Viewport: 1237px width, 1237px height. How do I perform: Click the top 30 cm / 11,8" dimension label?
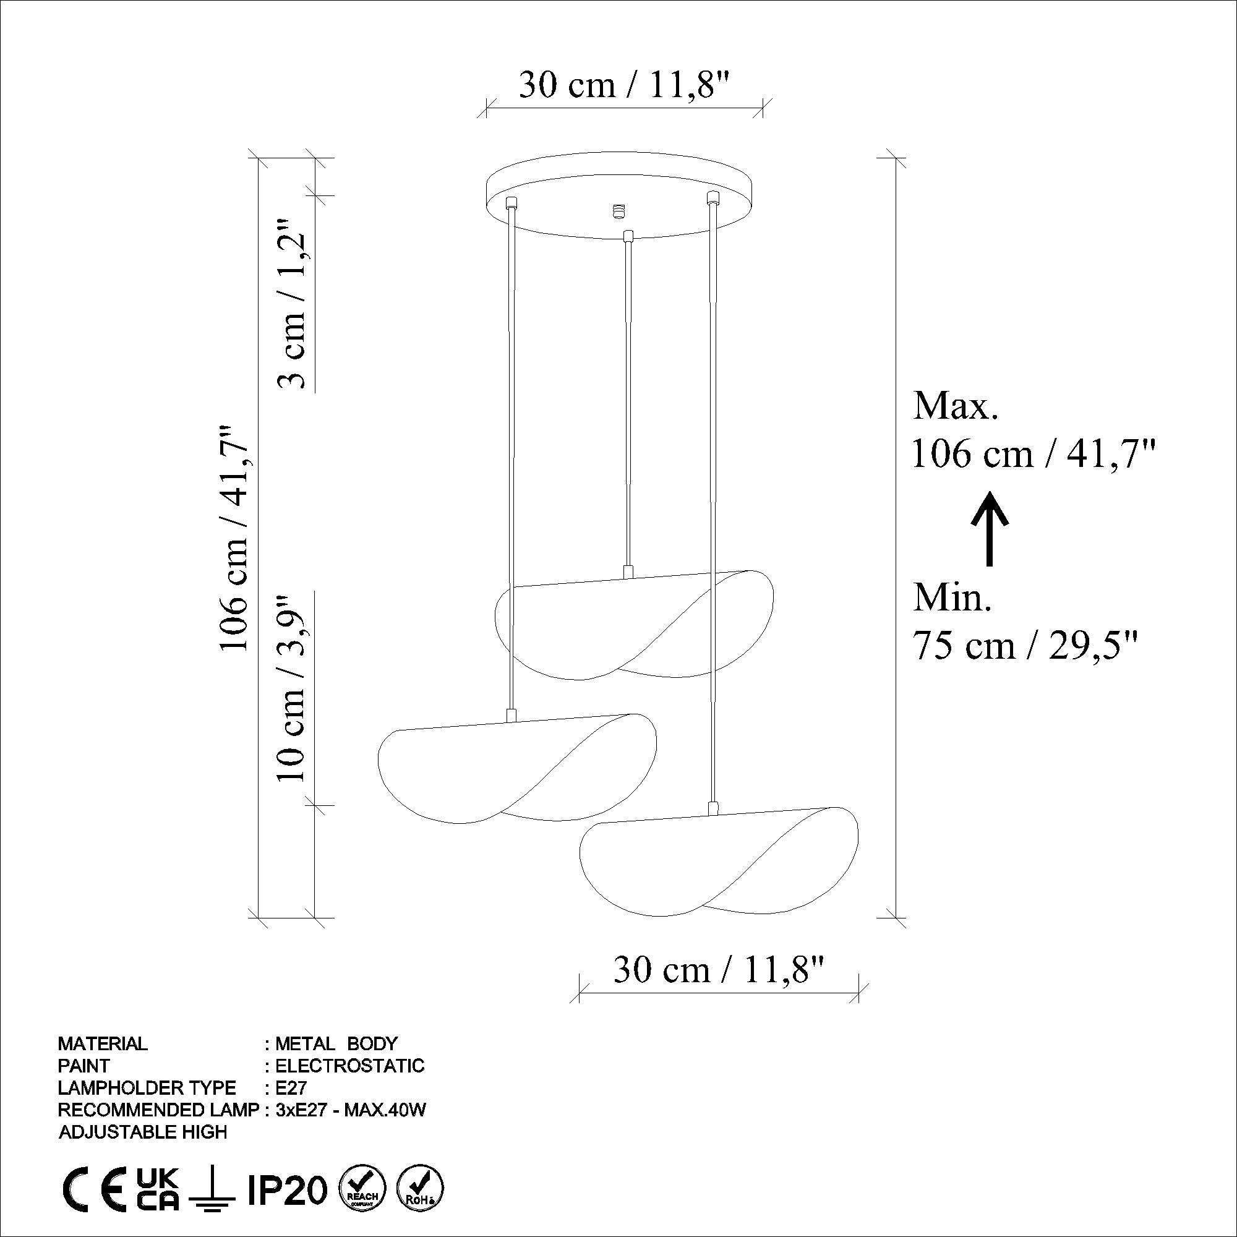coord(623,85)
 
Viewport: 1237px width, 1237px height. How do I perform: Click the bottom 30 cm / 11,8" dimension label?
coord(717,969)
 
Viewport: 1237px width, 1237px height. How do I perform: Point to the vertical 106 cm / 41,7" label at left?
coord(234,538)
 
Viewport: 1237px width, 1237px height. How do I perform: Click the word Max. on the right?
coord(956,406)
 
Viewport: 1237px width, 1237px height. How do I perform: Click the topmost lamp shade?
coord(634,624)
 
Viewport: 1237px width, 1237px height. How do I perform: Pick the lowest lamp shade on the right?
coord(717,861)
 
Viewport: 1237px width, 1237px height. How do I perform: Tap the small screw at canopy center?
coord(617,210)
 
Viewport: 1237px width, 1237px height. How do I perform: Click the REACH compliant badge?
coord(362,1189)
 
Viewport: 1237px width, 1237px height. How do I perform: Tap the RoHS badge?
coord(421,1189)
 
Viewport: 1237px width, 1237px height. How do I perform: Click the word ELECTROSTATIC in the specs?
coord(349,1066)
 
